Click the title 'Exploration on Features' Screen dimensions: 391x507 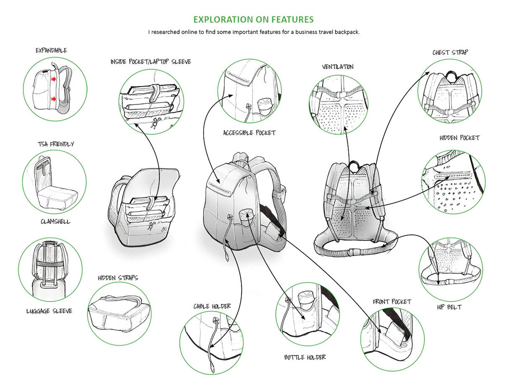[x=253, y=19]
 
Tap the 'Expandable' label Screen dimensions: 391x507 [x=51, y=51]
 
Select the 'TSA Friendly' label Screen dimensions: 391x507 [x=55, y=144]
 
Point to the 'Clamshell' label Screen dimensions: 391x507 [x=55, y=221]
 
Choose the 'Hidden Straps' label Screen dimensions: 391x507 [x=118, y=278]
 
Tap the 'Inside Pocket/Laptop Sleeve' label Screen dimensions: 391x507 [x=151, y=62]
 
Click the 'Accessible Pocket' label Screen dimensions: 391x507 [x=249, y=133]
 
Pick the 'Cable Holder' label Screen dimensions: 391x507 [x=212, y=306]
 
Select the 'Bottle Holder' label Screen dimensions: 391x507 [x=305, y=357]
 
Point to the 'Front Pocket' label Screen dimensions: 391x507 [x=392, y=302]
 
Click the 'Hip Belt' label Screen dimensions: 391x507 [x=449, y=307]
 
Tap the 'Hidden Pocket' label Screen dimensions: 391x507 [x=460, y=138]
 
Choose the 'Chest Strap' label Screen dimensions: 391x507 [x=450, y=53]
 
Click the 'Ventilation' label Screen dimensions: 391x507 [x=338, y=67]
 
